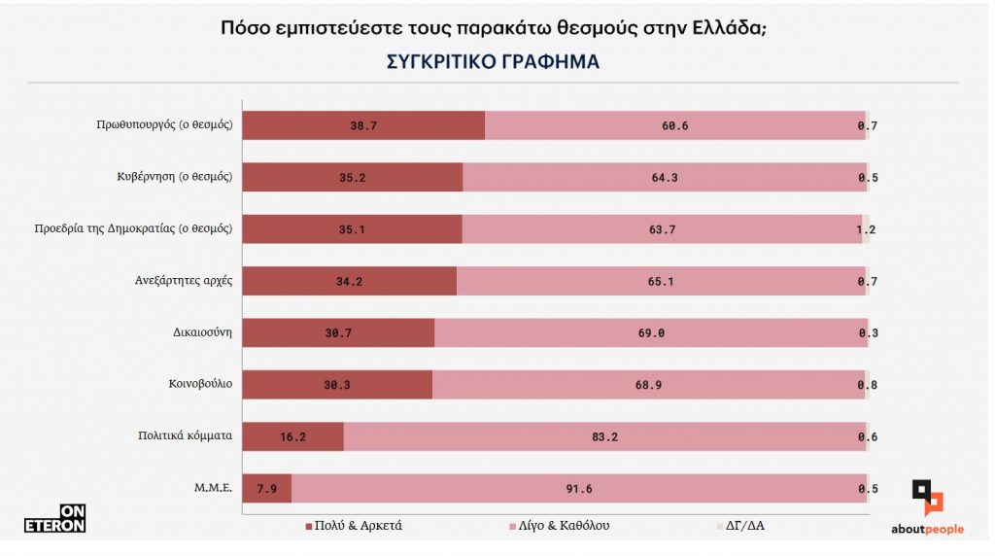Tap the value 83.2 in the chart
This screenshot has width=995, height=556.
(603, 436)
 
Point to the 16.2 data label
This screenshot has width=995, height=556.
(292, 436)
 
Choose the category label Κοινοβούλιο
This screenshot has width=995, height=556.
(200, 384)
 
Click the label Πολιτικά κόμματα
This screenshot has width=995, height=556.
(185, 435)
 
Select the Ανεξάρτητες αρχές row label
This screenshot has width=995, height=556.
(183, 281)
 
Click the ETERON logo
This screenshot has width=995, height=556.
(55, 519)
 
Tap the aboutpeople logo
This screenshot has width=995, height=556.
(927, 508)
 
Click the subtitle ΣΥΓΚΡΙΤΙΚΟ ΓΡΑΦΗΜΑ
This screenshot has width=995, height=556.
(493, 61)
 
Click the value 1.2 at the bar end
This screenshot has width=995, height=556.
(867, 229)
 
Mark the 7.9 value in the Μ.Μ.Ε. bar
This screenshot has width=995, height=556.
(265, 489)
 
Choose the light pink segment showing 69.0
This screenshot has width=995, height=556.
(650, 332)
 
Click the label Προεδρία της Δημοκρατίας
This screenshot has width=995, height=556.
(132, 228)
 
